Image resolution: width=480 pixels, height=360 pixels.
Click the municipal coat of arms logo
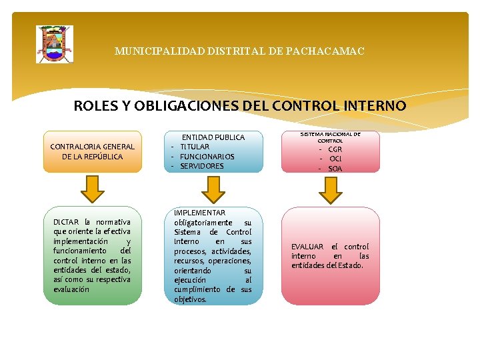pos(54,45)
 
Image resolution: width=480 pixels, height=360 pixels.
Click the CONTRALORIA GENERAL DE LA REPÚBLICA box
pos(93,151)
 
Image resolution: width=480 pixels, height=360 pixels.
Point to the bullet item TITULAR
pos(195,147)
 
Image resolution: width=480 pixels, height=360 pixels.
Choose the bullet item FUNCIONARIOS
pos(207,157)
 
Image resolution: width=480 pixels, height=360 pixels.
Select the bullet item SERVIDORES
pos(202,166)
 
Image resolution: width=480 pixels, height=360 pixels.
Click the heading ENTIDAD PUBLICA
pos(213,137)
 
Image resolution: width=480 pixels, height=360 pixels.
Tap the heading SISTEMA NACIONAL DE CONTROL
pos(330,137)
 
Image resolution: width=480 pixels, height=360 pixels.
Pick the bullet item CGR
pos(335,149)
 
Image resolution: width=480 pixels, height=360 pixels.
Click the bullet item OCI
pos(335,159)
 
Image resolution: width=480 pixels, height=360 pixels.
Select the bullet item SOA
pos(335,169)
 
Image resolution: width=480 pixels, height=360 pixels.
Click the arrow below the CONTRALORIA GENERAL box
pos(93,190)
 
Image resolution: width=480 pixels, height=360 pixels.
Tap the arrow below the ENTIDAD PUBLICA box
pos(213,190)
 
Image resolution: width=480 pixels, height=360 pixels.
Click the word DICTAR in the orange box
pos(66,222)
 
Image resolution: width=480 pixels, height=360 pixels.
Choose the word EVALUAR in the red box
pos(307,247)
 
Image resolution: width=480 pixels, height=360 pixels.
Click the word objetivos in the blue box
pos(191,299)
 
